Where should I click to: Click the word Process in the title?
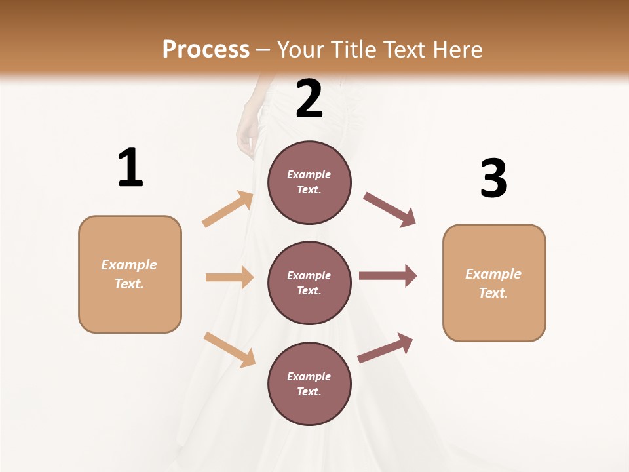click(206, 50)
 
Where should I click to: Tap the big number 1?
click(130, 168)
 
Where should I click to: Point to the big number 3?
click(493, 178)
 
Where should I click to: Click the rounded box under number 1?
click(130, 274)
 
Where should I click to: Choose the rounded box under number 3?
click(494, 283)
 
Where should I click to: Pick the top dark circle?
click(309, 182)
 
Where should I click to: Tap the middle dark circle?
click(309, 283)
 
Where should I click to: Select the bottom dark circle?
click(309, 383)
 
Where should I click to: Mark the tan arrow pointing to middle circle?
click(229, 277)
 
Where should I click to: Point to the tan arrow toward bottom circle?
click(229, 349)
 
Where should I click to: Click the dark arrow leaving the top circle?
click(389, 210)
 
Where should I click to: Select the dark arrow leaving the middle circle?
click(388, 276)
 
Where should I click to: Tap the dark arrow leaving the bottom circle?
click(385, 348)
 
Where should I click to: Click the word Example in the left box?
click(129, 265)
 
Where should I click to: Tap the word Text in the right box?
click(493, 293)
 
